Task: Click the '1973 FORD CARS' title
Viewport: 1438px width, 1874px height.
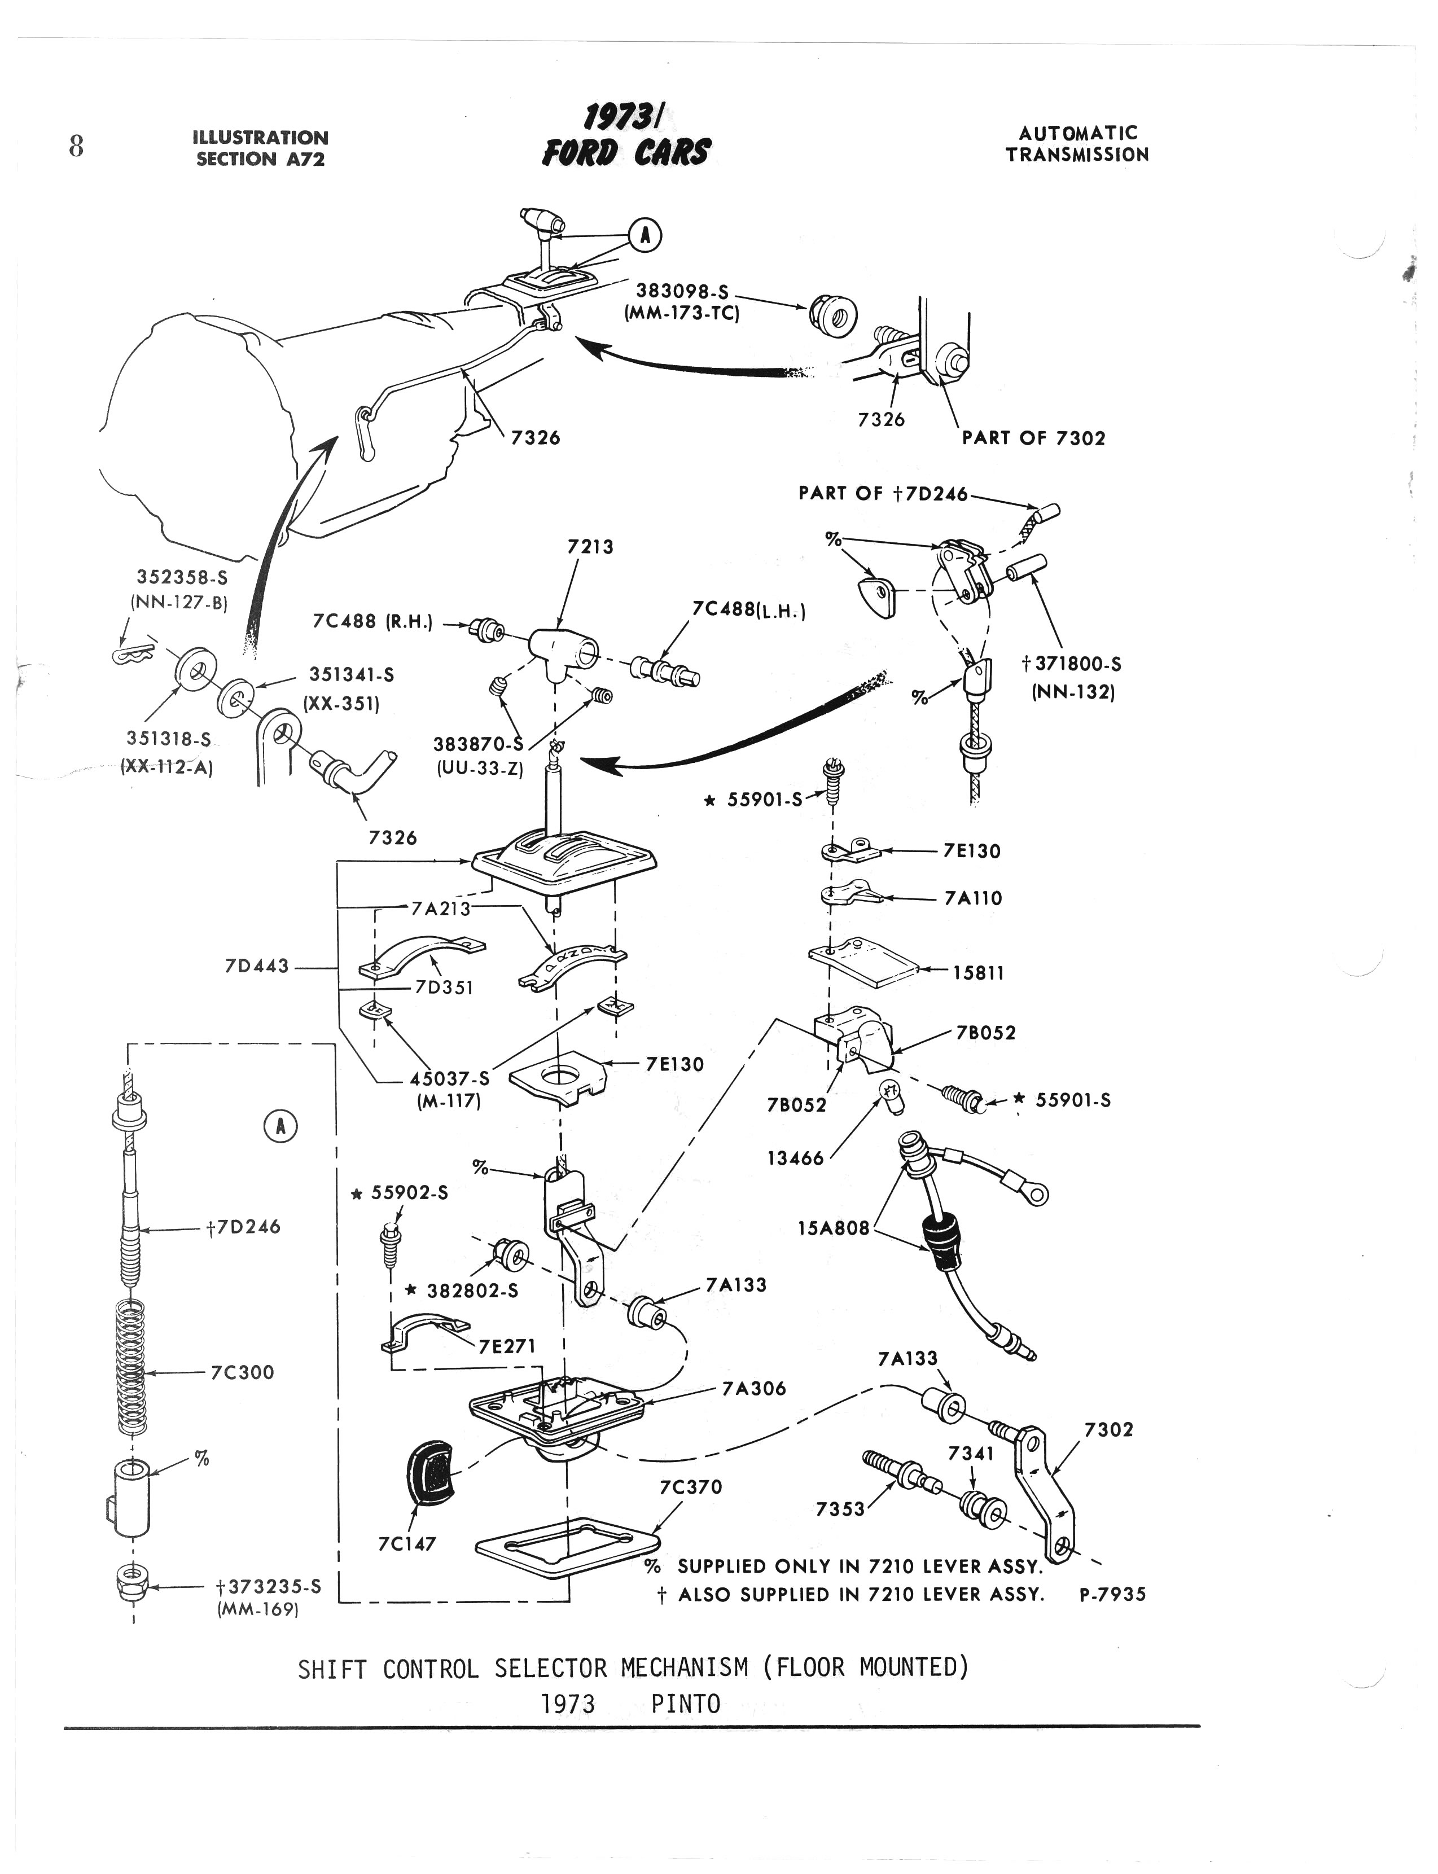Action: pyautogui.click(x=626, y=137)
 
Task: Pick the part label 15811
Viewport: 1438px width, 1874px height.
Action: pyautogui.click(x=979, y=973)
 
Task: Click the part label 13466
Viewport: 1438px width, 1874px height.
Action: pyautogui.click(x=795, y=1158)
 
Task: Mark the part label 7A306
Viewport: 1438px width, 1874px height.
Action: pyautogui.click(x=753, y=1388)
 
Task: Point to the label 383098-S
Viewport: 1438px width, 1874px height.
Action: pyautogui.click(x=682, y=292)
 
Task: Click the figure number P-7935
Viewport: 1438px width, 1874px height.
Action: pyautogui.click(x=1112, y=1594)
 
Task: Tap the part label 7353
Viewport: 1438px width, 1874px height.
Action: pyautogui.click(x=840, y=1508)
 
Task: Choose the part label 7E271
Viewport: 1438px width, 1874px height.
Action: pyautogui.click(x=507, y=1346)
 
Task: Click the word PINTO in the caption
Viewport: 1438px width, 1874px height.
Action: pyautogui.click(x=685, y=1704)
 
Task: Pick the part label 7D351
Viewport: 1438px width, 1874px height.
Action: pyautogui.click(x=444, y=988)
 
